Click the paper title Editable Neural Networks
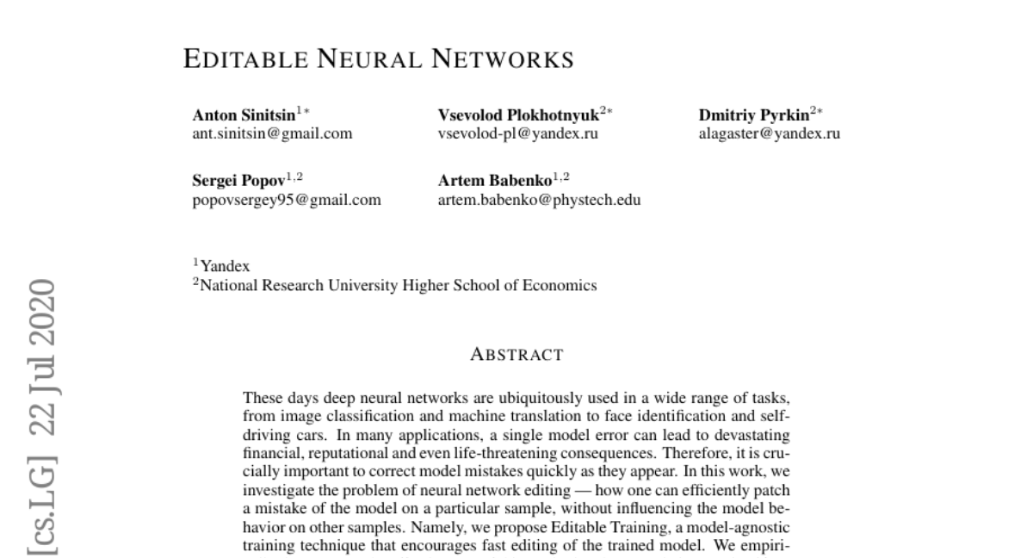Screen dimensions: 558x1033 pos(379,60)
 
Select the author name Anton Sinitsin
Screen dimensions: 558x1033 pos(244,115)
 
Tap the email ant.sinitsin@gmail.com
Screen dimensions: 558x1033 pos(272,133)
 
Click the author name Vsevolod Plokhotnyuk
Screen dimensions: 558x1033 pos(518,115)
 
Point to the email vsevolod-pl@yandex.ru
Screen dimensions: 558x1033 pos(518,133)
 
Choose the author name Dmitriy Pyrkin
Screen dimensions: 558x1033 pos(754,115)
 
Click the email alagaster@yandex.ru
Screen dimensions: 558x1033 pos(770,133)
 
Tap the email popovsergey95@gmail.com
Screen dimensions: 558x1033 pos(286,201)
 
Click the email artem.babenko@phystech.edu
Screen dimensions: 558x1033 pos(539,201)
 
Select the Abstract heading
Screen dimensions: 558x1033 pos(516,354)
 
